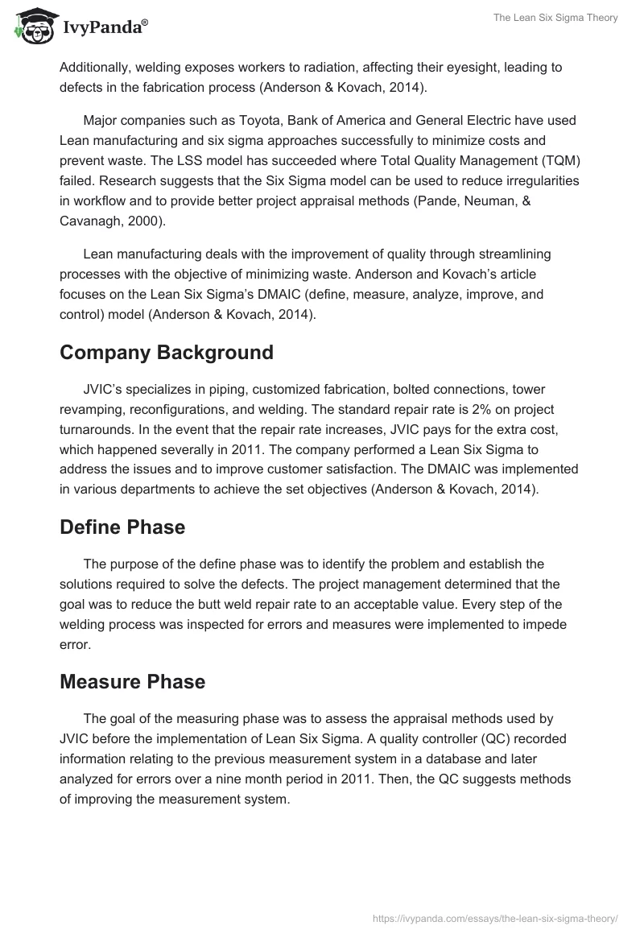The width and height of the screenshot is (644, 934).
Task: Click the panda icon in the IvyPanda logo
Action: (x=31, y=28)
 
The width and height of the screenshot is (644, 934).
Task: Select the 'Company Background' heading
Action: (x=167, y=353)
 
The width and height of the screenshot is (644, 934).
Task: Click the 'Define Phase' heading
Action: (x=122, y=527)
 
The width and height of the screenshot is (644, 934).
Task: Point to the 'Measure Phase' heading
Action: (x=132, y=681)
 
